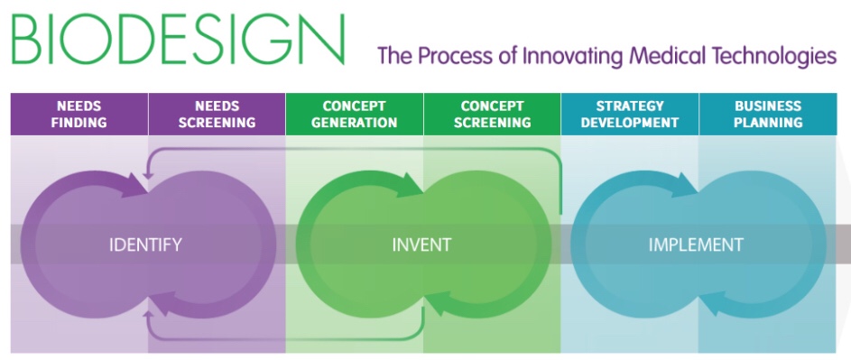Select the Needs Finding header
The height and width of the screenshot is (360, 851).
click(79, 114)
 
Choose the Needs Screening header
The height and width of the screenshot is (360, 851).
click(217, 114)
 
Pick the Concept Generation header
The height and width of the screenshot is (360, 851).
click(355, 114)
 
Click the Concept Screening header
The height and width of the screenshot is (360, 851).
click(492, 114)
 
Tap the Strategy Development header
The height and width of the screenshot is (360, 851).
click(630, 114)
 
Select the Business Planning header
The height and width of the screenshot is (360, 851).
click(767, 114)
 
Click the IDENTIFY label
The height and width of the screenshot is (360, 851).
click(145, 245)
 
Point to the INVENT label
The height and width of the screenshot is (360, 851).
click(421, 245)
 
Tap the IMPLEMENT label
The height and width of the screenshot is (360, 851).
click(696, 245)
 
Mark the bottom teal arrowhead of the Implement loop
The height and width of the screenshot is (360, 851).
click(713, 303)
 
